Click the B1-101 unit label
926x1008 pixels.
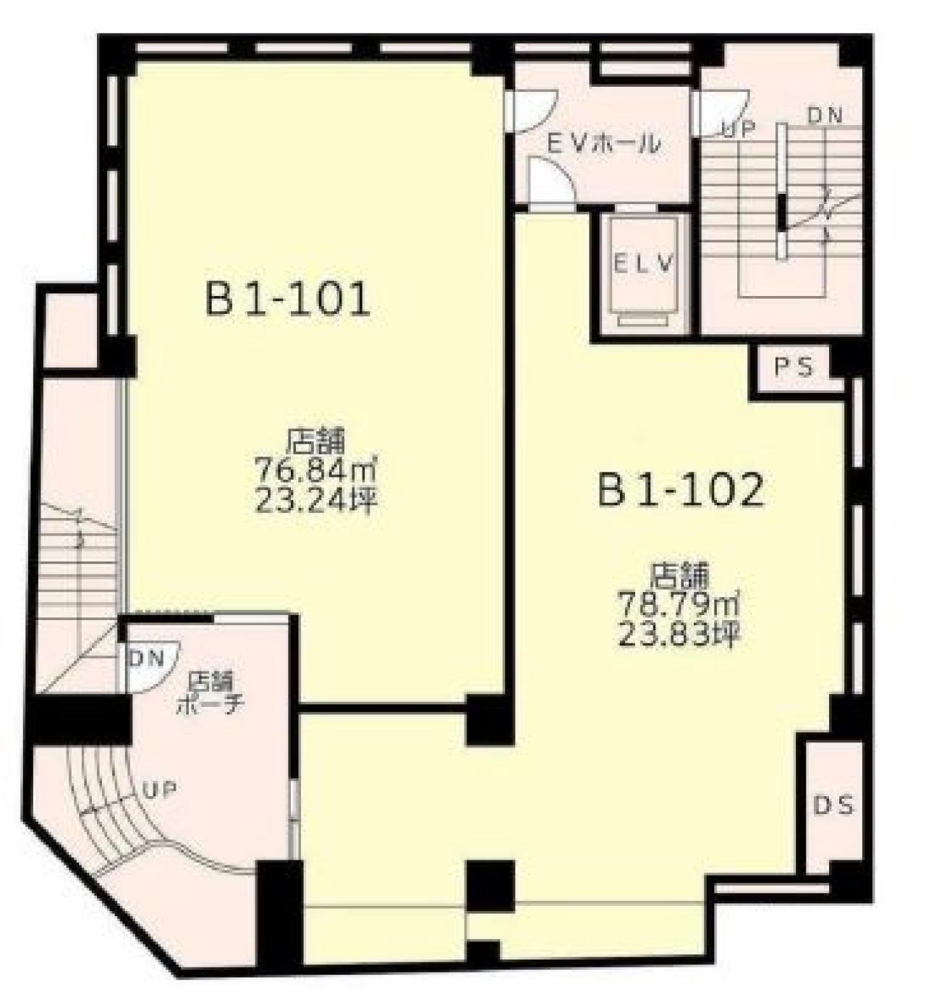[x=288, y=300]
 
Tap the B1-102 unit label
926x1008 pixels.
[x=681, y=491]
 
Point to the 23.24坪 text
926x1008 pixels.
[x=315, y=501]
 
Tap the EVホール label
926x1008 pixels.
[x=603, y=144]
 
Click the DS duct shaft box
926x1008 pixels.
[x=833, y=805]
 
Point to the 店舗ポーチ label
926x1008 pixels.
[x=210, y=693]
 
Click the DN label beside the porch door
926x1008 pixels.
[x=147, y=658]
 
